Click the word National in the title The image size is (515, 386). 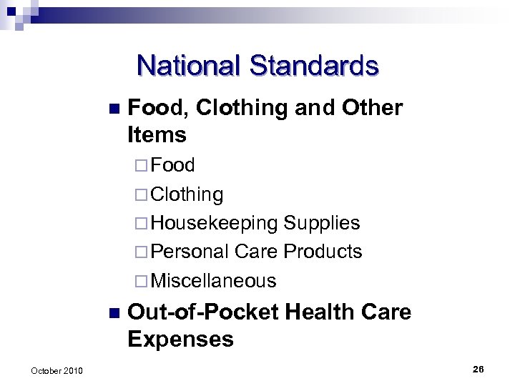[190, 66]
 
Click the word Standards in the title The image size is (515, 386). [314, 66]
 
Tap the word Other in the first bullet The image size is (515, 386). [373, 108]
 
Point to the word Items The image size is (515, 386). [157, 134]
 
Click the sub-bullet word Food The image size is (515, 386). [173, 165]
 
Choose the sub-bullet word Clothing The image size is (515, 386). [187, 194]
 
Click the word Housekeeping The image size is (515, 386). [214, 223]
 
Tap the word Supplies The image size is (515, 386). [322, 223]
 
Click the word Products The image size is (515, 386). [323, 252]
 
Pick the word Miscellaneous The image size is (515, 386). [213, 281]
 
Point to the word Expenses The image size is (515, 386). [180, 339]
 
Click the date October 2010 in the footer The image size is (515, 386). [57, 370]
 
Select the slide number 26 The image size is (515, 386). [478, 369]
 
